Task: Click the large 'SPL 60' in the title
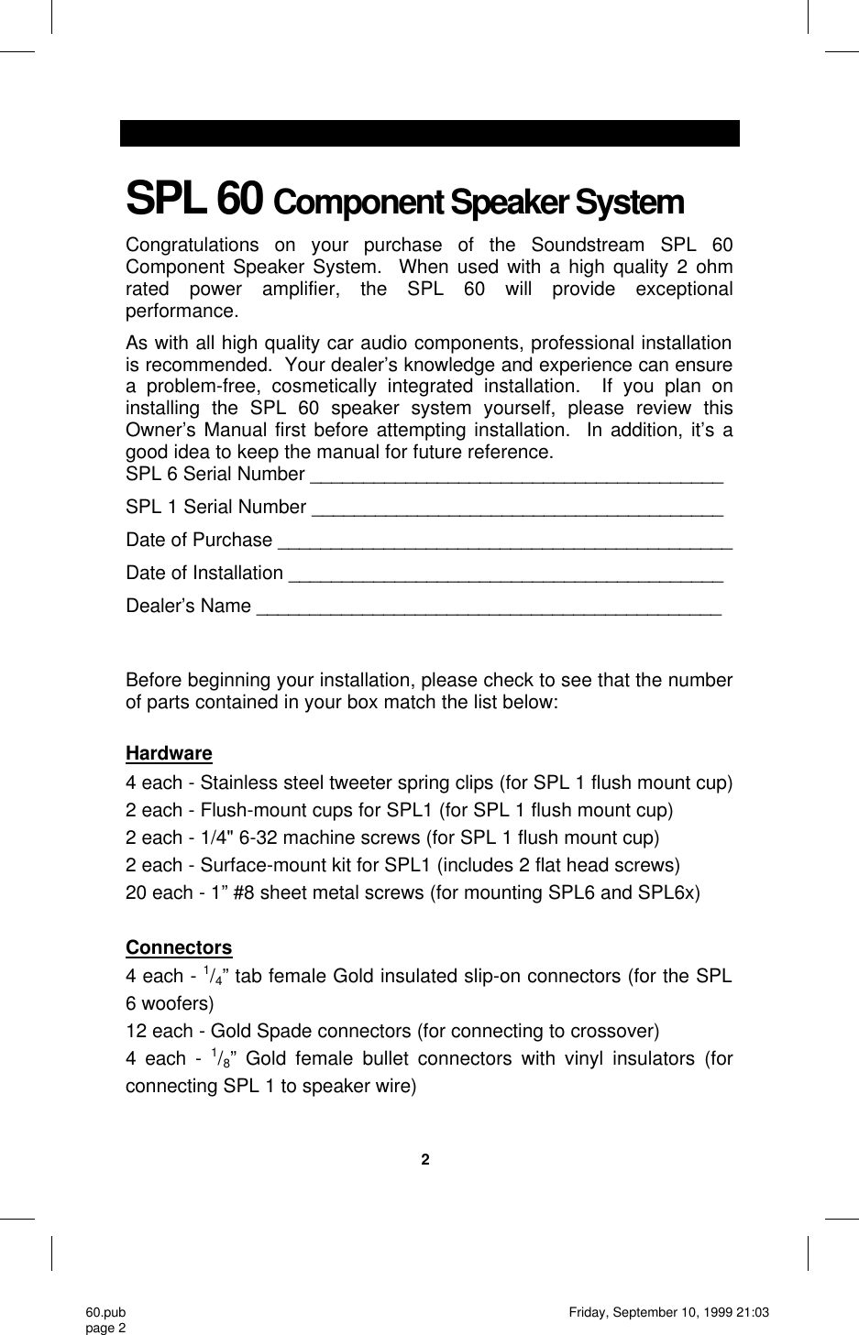[195, 198]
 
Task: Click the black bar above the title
[429, 133]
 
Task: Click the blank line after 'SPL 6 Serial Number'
[517, 476]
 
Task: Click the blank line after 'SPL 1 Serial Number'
[517, 509]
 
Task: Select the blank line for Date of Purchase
[504, 542]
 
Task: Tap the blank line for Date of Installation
[505, 575]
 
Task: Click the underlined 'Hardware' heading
[169, 753]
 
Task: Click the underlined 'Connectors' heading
[179, 947]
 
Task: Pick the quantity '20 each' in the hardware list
[157, 892]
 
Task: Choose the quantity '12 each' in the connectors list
[157, 1031]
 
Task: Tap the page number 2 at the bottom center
[424, 1160]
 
